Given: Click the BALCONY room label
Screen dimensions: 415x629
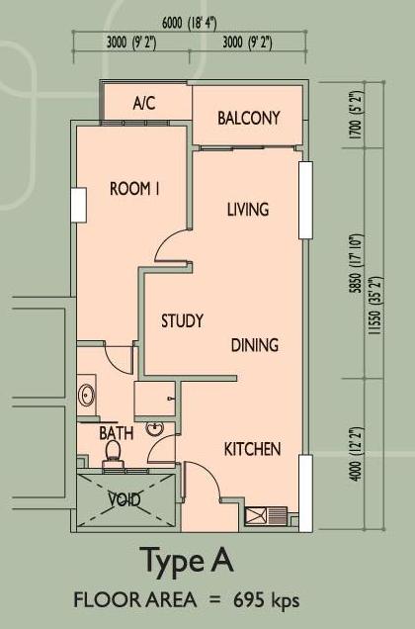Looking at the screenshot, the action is (x=249, y=118).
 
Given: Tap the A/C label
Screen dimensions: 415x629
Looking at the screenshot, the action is (x=144, y=104).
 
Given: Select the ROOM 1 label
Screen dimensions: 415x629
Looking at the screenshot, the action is (x=134, y=189).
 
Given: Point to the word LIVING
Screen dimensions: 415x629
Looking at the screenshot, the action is (x=248, y=210).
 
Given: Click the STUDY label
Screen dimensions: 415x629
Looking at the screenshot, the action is (x=182, y=320).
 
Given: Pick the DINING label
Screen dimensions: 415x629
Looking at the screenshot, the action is (x=255, y=345).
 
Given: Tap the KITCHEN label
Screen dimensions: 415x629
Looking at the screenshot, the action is (x=252, y=449).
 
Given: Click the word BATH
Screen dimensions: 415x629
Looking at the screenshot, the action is (x=117, y=433).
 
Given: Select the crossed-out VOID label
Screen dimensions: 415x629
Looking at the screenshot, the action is (x=124, y=499).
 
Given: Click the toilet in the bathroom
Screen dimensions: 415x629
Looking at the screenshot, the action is (x=113, y=453).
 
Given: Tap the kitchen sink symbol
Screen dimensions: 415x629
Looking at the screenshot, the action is (x=266, y=516).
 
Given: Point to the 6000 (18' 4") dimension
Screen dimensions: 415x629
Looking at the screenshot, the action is (x=190, y=24).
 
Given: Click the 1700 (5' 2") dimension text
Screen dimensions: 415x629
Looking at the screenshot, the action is (x=357, y=115).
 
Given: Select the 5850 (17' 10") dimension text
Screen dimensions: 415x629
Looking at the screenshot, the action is (x=356, y=264).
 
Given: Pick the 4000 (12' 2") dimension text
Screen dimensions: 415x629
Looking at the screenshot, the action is (x=356, y=454).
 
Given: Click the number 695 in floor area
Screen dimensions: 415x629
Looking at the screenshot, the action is (x=249, y=600).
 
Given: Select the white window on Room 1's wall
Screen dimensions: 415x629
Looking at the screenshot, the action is (x=79, y=205).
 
